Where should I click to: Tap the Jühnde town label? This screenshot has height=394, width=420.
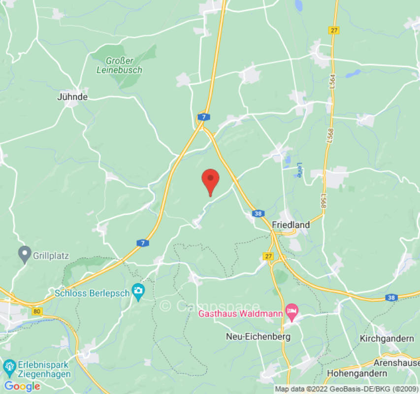72,97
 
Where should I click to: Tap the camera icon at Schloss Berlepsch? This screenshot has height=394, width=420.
138,292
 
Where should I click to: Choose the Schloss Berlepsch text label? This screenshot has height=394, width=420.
92,293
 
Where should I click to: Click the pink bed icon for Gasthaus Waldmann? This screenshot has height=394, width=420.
292,312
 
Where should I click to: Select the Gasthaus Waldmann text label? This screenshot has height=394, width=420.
240,313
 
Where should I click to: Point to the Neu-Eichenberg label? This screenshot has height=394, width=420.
258,337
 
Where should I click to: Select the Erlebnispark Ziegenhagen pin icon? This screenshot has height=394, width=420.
9,367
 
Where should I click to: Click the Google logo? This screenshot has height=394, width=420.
22,386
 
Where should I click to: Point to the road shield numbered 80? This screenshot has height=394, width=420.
37,312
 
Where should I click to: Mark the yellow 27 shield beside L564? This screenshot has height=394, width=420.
334,31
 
